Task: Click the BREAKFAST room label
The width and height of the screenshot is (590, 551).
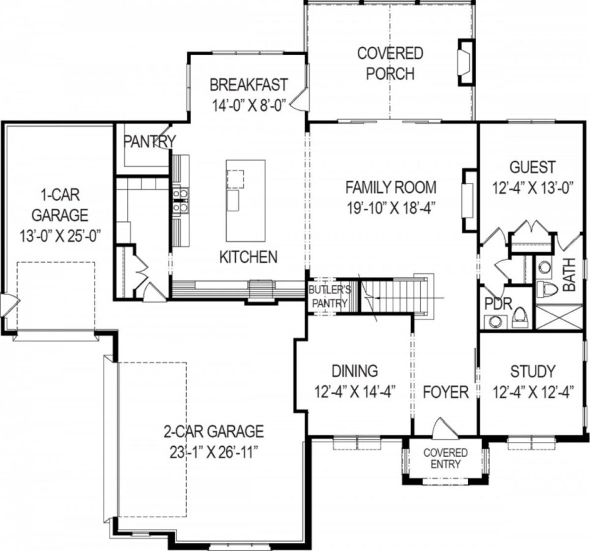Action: (248, 84)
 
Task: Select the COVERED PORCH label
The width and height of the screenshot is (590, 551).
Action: (390, 63)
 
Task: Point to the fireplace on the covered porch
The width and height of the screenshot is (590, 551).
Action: (466, 62)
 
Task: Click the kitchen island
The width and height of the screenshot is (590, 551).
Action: (245, 200)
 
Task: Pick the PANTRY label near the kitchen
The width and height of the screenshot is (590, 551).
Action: (149, 141)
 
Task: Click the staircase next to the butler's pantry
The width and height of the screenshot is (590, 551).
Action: (392, 296)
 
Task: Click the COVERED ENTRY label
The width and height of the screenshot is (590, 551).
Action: (445, 459)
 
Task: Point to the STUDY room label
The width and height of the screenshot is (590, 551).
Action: (532, 371)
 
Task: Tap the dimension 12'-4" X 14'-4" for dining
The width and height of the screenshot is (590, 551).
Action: (355, 392)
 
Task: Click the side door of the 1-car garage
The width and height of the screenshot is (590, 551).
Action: (10, 302)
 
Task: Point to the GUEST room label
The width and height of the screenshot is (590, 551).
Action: (532, 167)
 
